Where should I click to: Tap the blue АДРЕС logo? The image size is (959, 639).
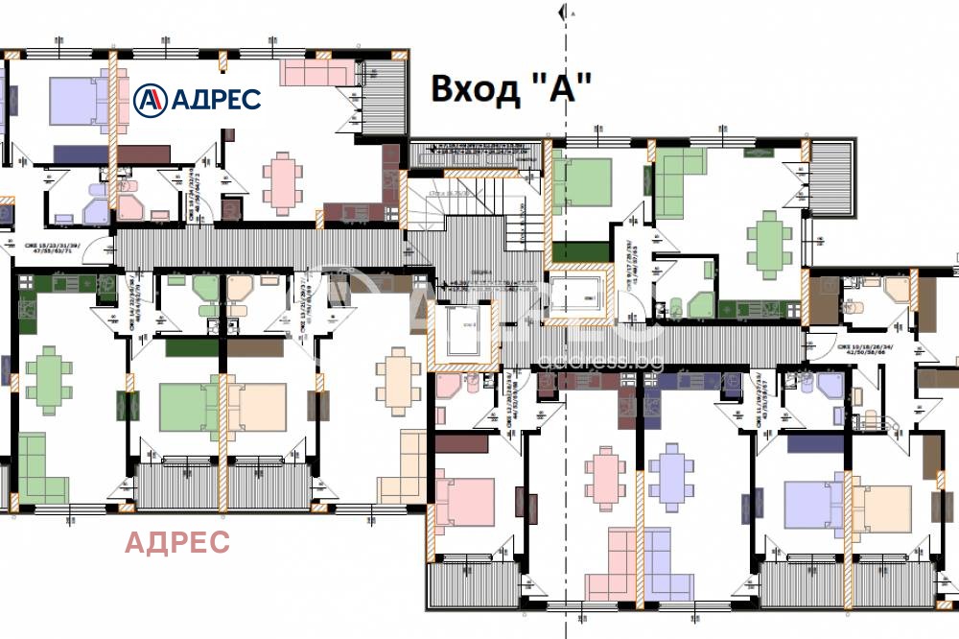coord(197,98)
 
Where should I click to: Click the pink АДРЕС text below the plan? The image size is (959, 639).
coord(178,542)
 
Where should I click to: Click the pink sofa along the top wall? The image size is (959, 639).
coord(316,72)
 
